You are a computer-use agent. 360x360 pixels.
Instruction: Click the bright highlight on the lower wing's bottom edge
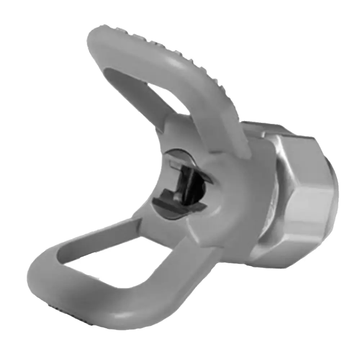tap(119, 317)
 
